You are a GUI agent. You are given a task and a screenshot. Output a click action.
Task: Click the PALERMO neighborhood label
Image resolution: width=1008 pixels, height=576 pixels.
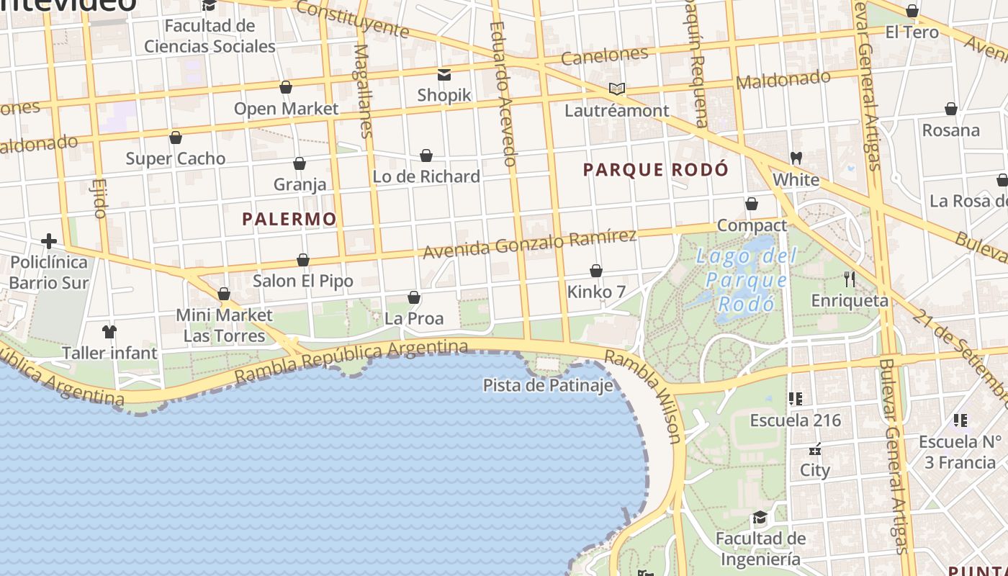click(x=289, y=219)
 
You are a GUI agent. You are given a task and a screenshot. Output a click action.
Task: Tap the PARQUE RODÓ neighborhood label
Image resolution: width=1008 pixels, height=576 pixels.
click(x=655, y=170)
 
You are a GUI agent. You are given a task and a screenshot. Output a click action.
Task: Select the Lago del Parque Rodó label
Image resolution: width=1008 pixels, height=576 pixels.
click(x=746, y=279)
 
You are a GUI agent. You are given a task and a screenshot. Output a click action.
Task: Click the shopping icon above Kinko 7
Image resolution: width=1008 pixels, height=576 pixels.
click(x=596, y=271)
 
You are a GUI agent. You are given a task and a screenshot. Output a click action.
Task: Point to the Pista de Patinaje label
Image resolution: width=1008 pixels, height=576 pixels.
click(x=548, y=385)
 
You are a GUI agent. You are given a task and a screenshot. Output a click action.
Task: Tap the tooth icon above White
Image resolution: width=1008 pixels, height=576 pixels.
click(x=796, y=158)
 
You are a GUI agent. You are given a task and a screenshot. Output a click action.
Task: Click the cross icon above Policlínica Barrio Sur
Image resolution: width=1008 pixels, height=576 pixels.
click(x=49, y=240)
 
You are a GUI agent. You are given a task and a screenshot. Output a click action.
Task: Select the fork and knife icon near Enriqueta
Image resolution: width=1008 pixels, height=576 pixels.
click(x=850, y=279)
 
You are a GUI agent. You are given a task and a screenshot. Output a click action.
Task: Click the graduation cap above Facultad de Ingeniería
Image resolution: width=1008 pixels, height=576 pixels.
click(x=760, y=518)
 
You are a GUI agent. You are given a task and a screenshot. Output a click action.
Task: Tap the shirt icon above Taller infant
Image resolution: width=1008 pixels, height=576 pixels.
click(x=109, y=332)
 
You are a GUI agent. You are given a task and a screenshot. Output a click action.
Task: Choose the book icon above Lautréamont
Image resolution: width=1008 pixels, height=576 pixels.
click(x=616, y=89)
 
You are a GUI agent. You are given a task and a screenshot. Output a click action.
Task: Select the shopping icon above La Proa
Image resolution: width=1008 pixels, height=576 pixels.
click(x=414, y=297)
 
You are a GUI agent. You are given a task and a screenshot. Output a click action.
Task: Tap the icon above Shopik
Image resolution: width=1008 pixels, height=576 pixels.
click(x=444, y=74)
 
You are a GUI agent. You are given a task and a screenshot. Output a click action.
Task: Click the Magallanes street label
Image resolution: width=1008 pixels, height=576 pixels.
click(x=364, y=90)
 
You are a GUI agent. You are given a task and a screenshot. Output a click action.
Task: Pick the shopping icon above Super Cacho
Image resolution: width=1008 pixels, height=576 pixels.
click(x=176, y=138)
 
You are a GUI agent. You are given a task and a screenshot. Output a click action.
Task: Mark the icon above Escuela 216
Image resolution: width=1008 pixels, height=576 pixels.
click(x=796, y=398)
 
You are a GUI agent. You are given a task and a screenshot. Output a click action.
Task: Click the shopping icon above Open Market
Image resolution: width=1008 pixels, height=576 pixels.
click(x=286, y=88)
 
